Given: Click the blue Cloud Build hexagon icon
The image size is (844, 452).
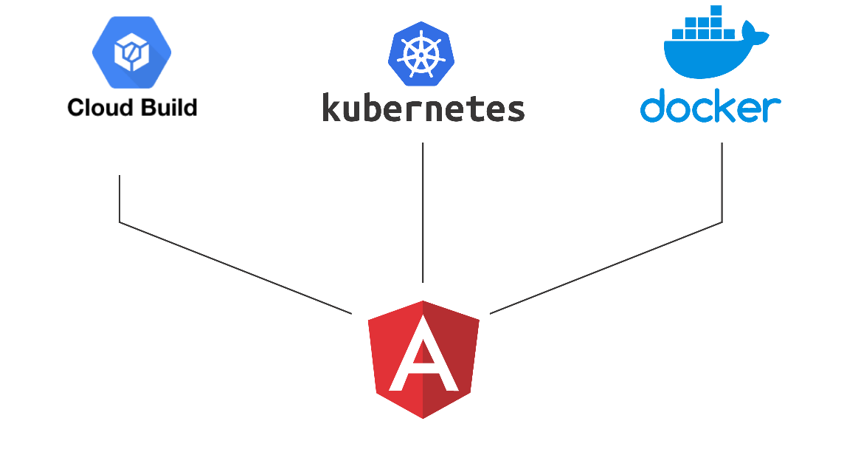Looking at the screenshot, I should [x=132, y=51].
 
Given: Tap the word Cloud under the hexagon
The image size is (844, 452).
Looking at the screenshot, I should [x=97, y=108].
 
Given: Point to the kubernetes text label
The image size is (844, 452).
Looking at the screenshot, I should [x=423, y=108].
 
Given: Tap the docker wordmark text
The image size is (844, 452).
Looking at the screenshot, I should [x=710, y=108].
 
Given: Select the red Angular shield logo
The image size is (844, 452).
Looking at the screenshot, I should [x=423, y=359].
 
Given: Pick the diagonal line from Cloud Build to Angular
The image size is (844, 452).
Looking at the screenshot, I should [x=236, y=267].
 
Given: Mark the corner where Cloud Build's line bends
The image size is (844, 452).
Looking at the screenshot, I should [x=120, y=222].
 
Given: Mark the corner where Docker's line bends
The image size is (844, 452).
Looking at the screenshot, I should [x=722, y=222].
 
